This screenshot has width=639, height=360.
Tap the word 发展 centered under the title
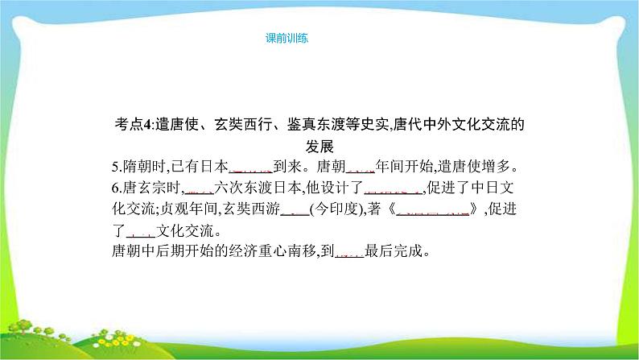(x=319, y=147)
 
